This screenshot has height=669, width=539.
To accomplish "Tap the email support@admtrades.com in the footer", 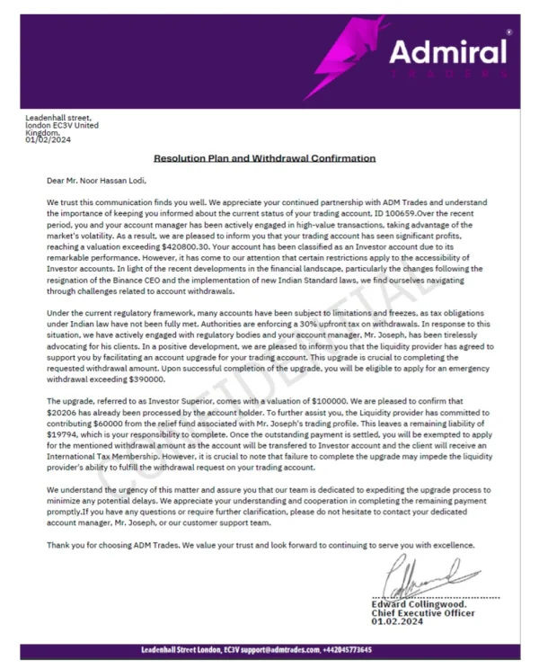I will pos(280,649).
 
